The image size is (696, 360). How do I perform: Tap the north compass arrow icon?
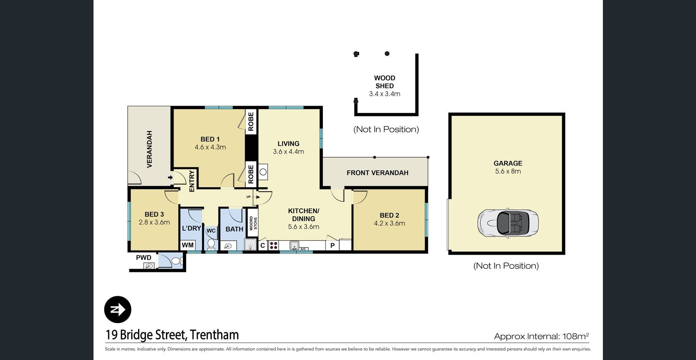tap(118, 309)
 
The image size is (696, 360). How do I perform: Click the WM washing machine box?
tap(188, 245)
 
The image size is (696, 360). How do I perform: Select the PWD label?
tap(144, 258)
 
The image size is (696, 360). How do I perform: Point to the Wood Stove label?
tap(253, 223)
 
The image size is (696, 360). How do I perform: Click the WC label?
tap(211, 231)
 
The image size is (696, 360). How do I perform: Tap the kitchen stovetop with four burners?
tap(274, 245)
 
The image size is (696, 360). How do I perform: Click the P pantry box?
tap(332, 245)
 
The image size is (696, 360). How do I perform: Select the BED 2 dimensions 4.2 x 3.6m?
tap(389, 223)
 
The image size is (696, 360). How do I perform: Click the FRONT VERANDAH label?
tap(377, 173)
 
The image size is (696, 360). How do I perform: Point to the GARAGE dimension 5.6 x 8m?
tap(508, 172)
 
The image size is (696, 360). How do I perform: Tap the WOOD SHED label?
tap(385, 82)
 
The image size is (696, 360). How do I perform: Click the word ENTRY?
tap(192, 181)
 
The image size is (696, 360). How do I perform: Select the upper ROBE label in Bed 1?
tap(251, 121)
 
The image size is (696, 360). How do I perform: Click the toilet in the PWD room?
tap(176, 261)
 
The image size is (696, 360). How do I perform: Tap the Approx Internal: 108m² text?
tap(541, 336)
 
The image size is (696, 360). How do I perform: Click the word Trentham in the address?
tap(214, 335)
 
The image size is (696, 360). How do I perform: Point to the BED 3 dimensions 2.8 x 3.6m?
tap(154, 222)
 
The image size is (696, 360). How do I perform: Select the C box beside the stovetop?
tap(263, 245)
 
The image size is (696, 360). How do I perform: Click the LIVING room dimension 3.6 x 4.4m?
tap(288, 152)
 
